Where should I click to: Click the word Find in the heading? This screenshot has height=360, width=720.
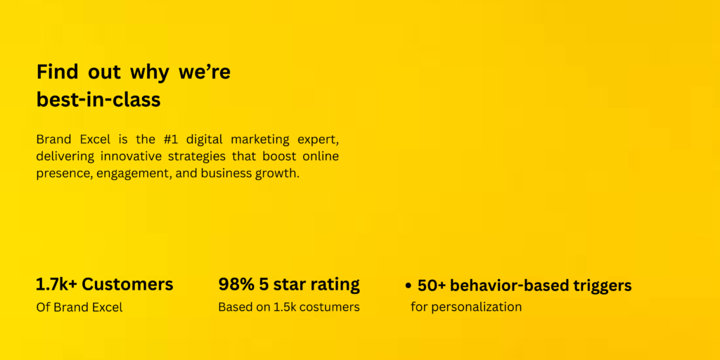(52, 72)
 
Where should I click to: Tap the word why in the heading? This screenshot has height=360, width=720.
(149, 73)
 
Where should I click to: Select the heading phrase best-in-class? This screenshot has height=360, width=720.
(98, 100)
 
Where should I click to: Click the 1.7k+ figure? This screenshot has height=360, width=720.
(56, 285)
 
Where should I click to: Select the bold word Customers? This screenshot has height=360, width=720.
(127, 285)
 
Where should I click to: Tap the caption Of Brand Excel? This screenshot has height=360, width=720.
(79, 307)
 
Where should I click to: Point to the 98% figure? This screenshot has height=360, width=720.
(236, 285)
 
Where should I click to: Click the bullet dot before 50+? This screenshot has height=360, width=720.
(408, 286)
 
